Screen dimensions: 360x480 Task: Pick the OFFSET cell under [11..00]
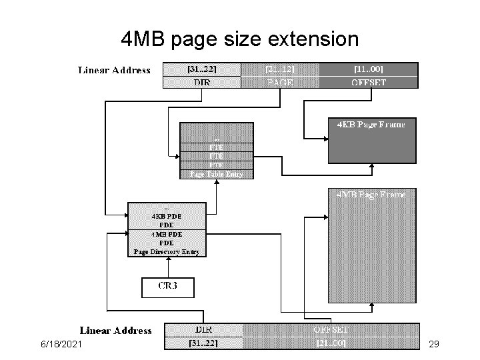pyautogui.click(x=368, y=83)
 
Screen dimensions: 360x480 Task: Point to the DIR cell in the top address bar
pyautogui.click(x=202, y=83)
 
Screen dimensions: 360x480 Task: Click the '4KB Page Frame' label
pyautogui.click(x=371, y=124)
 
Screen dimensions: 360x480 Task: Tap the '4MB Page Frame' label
pyautogui.click(x=371, y=195)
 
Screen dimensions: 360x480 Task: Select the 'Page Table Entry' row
pyautogui.click(x=217, y=174)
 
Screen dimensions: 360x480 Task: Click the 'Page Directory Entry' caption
pyautogui.click(x=167, y=252)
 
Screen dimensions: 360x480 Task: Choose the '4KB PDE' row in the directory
pyautogui.click(x=167, y=215)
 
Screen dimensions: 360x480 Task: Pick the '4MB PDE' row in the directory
pyautogui.click(x=167, y=234)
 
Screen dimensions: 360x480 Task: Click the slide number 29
pyautogui.click(x=433, y=343)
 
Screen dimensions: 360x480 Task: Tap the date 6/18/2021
pyautogui.click(x=62, y=343)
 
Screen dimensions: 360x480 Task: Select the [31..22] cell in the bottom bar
pyautogui.click(x=203, y=343)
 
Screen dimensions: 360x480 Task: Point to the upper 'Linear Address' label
pyautogui.click(x=115, y=70)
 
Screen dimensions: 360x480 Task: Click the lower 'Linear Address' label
pyautogui.click(x=116, y=330)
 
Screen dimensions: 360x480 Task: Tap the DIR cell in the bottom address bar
pyautogui.click(x=203, y=330)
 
